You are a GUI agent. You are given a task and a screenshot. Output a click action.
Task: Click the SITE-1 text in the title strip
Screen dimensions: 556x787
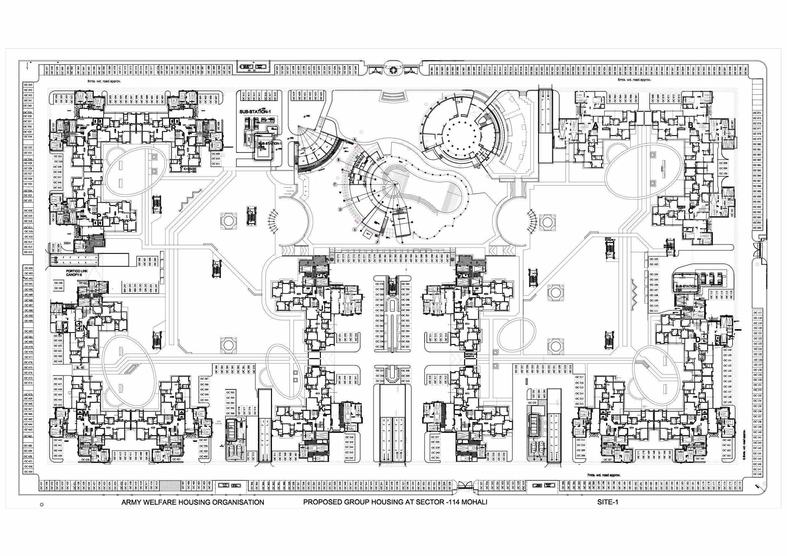pyautogui.click(x=608, y=502)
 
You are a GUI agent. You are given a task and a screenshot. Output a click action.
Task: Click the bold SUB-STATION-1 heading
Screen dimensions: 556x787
pyautogui.click(x=256, y=112)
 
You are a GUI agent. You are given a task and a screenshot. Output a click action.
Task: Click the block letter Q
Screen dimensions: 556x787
pyautogui.click(x=99, y=127)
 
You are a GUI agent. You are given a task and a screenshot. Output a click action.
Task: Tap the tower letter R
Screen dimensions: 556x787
pyautogui.click(x=174, y=127)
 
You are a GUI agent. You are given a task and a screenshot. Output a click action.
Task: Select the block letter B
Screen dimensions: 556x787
pyautogui.click(x=690, y=125)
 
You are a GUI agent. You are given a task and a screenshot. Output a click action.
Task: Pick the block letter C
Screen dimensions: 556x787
pyautogui.click(x=690, y=211)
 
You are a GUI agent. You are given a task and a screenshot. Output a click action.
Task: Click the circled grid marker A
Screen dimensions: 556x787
pyautogui.click(x=355, y=139)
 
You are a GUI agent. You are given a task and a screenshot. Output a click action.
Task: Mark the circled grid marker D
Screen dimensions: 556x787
pyautogui.click(x=340, y=209)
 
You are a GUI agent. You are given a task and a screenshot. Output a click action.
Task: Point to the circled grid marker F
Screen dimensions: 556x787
pyautogui.click(x=377, y=242)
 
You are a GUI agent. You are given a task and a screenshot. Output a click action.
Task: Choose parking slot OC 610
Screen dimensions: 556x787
pyautogui.click(x=216, y=159)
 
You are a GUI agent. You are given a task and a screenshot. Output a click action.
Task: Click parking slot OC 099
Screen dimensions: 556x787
pyautogui.click(x=723, y=168)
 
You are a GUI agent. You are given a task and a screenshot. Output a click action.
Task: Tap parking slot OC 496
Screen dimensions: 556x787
pyautogui.click(x=59, y=283)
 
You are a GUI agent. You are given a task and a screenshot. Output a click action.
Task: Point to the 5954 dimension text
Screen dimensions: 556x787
pyautogui.click(x=67, y=243)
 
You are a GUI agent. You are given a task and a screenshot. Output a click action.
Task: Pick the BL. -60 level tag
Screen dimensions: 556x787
pyautogui.click(x=80, y=368)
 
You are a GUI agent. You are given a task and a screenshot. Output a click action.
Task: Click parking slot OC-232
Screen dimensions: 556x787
pyautogui.click(x=532, y=403)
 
